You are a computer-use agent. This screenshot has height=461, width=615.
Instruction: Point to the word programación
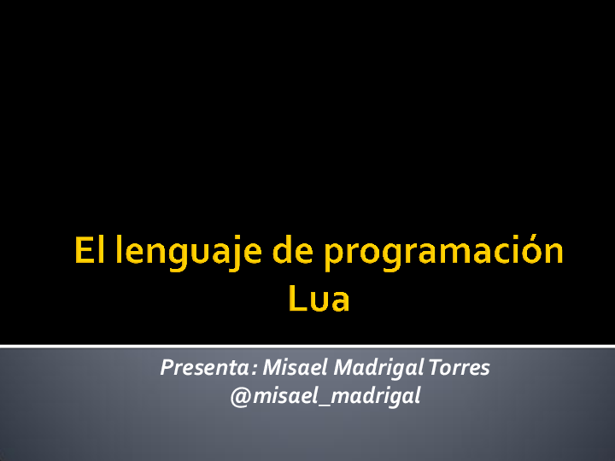[x=444, y=254]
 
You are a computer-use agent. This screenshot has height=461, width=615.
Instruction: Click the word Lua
[x=319, y=300]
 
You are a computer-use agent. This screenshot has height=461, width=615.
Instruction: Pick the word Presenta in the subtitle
[x=203, y=368]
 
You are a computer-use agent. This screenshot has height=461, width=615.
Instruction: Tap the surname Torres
[x=459, y=368]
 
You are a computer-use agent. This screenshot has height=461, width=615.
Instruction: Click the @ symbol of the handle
[x=240, y=396]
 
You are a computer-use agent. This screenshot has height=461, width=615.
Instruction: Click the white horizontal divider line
[x=307, y=346]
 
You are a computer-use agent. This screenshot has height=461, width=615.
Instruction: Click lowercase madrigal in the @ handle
[x=382, y=397]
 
